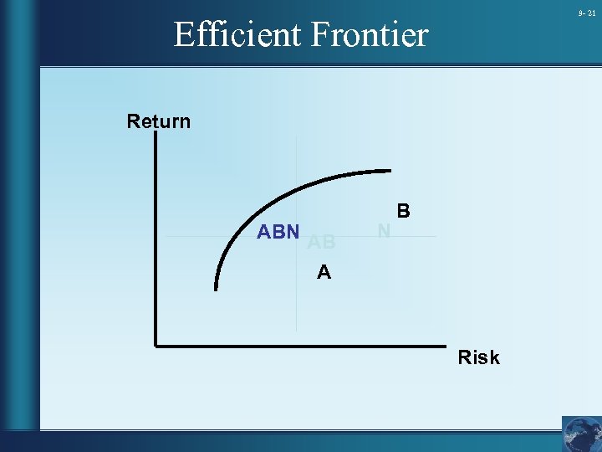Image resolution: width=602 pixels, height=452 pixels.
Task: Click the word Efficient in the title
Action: pyautogui.click(x=237, y=35)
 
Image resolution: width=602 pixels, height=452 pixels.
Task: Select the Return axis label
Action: pyautogui.click(x=159, y=121)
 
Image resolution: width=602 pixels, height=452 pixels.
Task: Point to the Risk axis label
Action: pyautogui.click(x=478, y=357)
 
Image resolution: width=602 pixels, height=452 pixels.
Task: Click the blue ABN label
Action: pyautogui.click(x=278, y=232)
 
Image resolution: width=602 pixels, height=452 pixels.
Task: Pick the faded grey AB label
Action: pyautogui.click(x=322, y=243)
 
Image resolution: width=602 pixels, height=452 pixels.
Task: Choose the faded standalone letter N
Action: pyautogui.click(x=384, y=229)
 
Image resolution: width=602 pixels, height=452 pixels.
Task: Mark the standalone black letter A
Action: pyautogui.click(x=324, y=272)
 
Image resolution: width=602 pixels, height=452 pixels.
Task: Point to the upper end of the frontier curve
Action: pyautogui.click(x=390, y=172)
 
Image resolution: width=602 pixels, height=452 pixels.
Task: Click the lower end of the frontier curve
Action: pyautogui.click(x=217, y=289)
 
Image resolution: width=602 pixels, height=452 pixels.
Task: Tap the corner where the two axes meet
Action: pyautogui.click(x=156, y=344)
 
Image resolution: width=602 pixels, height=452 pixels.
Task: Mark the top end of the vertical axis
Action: pyautogui.click(x=156, y=136)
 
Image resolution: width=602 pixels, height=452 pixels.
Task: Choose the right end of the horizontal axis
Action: pyautogui.click(x=444, y=344)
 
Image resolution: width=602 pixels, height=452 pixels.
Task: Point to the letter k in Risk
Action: pyautogui.click(x=493, y=357)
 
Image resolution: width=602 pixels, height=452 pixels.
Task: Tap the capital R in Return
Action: pyautogui.click(x=133, y=121)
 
